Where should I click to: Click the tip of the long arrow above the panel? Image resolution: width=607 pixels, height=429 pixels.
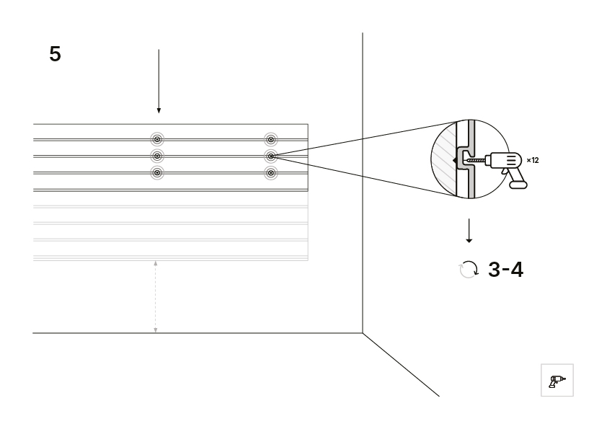click(159, 113)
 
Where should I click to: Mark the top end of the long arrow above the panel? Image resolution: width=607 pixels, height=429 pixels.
click(159, 50)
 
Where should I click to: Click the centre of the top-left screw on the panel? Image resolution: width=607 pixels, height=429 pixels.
click(156, 139)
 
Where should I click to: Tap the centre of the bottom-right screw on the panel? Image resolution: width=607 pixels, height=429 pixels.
click(271, 173)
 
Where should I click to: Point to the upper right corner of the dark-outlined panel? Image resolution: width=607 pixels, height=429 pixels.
click(308, 124)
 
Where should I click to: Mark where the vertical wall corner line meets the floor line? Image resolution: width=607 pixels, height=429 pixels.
click(363, 332)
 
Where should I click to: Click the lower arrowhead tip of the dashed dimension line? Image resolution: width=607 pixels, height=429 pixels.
click(156, 332)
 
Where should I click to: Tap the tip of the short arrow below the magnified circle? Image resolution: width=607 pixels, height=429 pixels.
click(469, 243)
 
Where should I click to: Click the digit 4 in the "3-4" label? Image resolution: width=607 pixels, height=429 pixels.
click(517, 270)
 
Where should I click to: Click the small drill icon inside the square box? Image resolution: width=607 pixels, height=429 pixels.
click(557, 381)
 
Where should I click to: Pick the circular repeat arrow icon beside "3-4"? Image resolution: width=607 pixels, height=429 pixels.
click(469, 270)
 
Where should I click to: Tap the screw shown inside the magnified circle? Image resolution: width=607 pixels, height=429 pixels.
click(476, 160)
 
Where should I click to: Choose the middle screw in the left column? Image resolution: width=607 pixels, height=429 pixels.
click(156, 156)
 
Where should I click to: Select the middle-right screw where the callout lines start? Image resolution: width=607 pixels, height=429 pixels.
click(271, 156)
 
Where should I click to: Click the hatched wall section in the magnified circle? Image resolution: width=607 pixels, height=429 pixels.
click(444, 159)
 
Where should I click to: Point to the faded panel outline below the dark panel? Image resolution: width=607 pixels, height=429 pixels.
click(171, 226)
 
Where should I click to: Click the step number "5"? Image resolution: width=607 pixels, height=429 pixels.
click(55, 54)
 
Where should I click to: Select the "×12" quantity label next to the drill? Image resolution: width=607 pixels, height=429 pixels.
click(533, 160)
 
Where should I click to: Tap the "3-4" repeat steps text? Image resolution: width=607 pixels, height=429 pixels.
click(505, 270)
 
